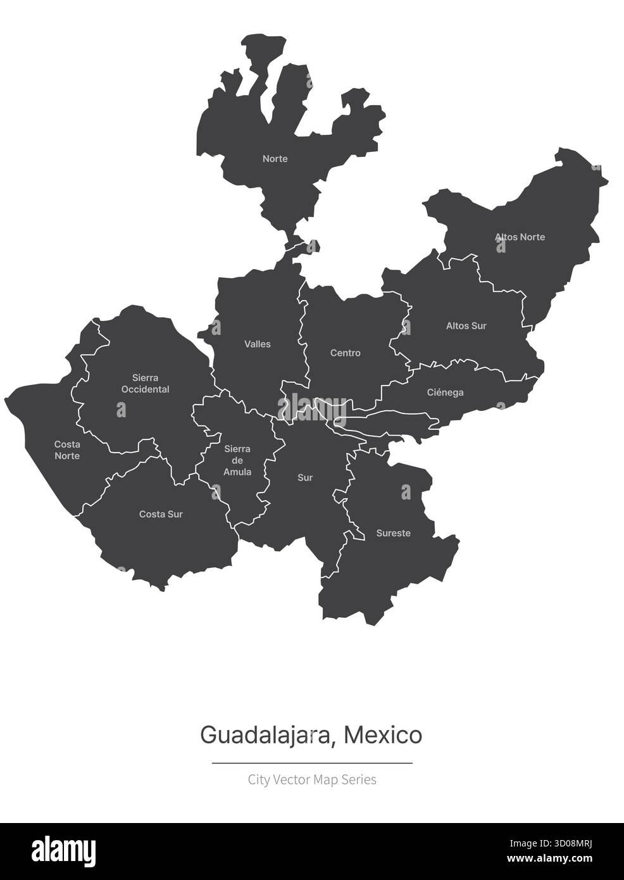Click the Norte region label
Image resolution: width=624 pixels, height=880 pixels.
coord(275,159)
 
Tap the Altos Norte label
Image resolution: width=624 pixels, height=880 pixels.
coord(520,237)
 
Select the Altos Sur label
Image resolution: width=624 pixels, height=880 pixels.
coord(466,326)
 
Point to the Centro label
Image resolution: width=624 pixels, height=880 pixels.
coord(346,353)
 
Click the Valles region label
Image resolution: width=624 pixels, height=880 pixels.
coord(258,344)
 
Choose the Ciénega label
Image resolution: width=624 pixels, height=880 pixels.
coord(445,393)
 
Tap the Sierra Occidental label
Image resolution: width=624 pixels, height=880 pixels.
coord(146,384)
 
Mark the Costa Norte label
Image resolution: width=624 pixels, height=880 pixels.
coord(67,450)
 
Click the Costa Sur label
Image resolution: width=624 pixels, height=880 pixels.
coord(161,514)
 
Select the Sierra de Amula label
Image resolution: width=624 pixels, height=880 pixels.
coord(237,460)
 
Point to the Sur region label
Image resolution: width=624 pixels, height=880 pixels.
coord(305,478)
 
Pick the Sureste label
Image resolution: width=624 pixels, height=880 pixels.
coord(393,533)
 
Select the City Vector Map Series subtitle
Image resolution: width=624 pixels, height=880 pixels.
coord(312,779)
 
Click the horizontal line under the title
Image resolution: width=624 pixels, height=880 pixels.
coord(312,764)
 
